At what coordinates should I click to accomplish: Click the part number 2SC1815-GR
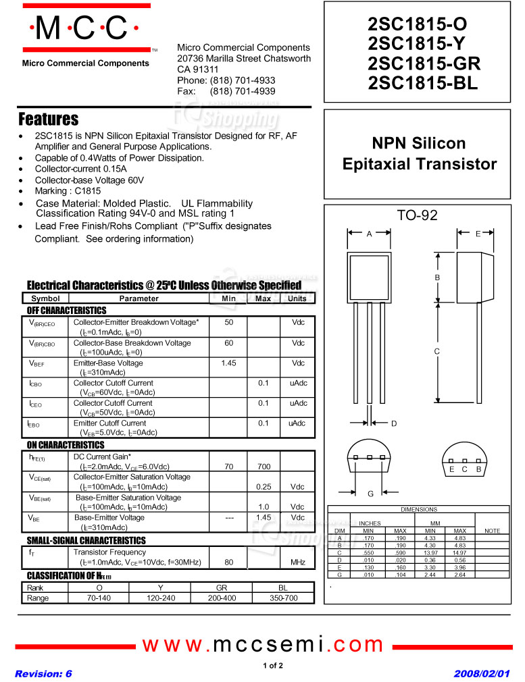[x=424, y=63]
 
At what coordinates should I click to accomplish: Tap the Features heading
[x=49, y=120]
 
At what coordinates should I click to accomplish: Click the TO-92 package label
[x=417, y=215]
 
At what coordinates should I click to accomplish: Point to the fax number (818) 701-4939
[x=243, y=90]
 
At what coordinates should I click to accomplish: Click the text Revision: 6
[x=43, y=674]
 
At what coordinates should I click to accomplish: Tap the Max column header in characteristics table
[x=263, y=298]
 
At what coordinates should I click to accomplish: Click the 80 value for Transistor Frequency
[x=229, y=562]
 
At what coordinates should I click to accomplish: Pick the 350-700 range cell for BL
[x=283, y=598]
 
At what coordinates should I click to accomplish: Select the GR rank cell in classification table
[x=221, y=587]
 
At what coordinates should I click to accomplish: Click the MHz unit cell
[x=297, y=562]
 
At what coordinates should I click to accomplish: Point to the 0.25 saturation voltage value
[x=264, y=486]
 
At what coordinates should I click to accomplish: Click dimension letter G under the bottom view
[x=370, y=494]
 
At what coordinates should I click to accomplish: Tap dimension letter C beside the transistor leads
[x=437, y=351]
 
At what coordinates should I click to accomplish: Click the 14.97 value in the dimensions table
[x=460, y=552]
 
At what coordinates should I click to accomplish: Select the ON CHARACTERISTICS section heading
[x=66, y=445]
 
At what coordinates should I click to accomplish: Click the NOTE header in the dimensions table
[x=493, y=531]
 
